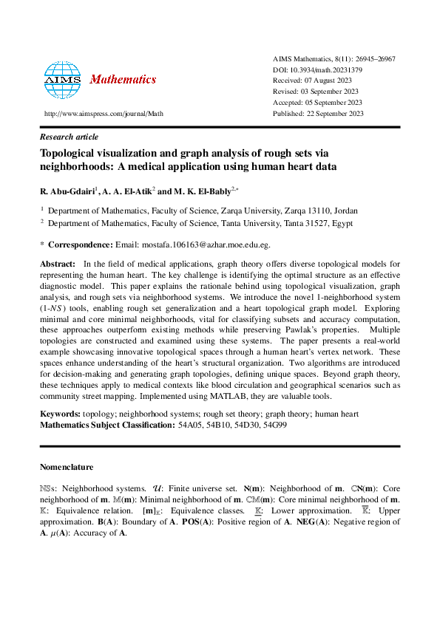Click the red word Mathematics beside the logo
coord(123,79)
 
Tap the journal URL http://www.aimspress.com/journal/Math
coord(104,114)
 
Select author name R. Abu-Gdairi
coord(64,191)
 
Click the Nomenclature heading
coord(67,467)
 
